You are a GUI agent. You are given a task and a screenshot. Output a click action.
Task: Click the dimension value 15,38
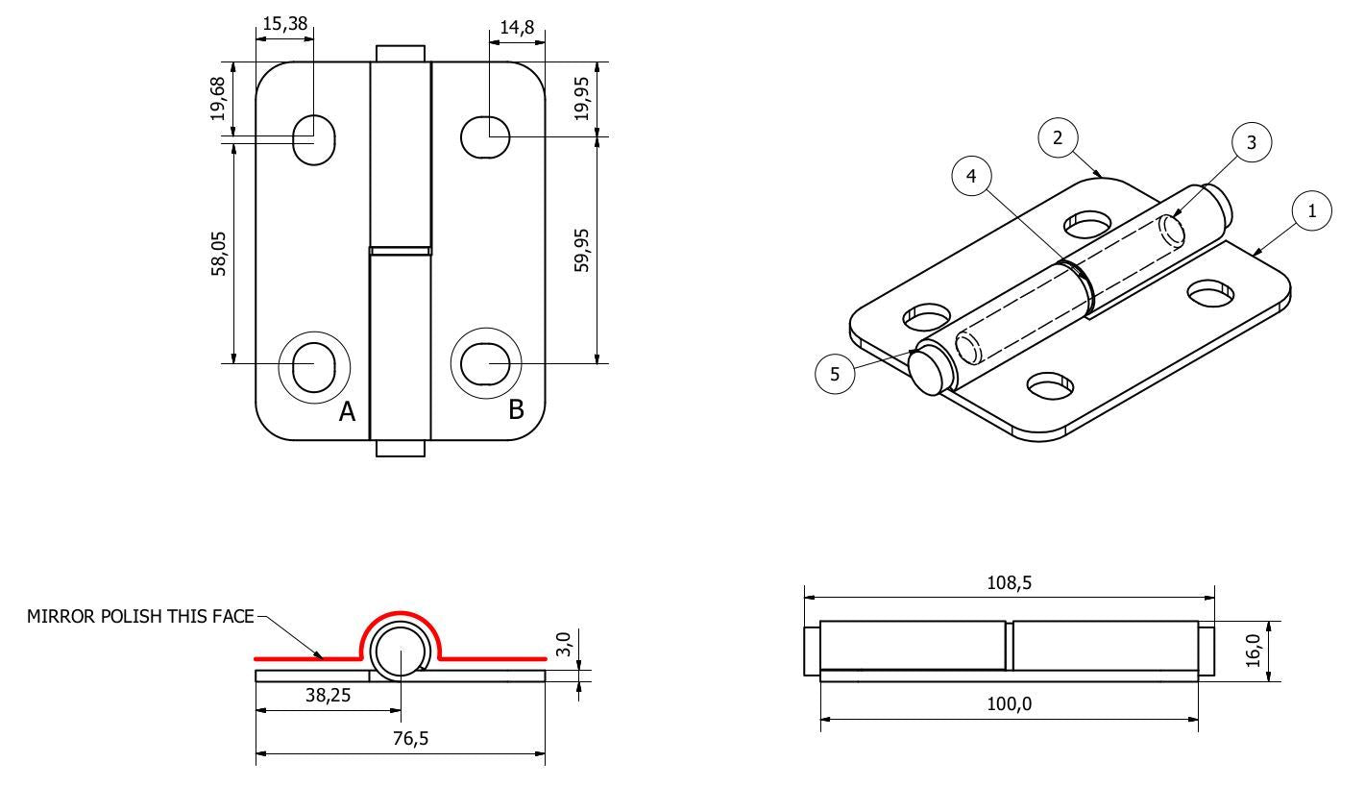(285, 24)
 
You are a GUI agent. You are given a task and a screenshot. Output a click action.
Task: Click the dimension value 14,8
(517, 28)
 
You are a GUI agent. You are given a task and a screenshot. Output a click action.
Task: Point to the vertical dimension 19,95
(583, 99)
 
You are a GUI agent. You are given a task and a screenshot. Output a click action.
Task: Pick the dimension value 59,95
(583, 250)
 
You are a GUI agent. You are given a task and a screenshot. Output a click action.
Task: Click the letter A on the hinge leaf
(347, 412)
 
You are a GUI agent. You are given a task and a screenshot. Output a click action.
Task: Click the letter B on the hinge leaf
(516, 409)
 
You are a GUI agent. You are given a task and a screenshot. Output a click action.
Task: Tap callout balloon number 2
(1058, 138)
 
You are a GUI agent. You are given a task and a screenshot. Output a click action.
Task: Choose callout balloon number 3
(1251, 142)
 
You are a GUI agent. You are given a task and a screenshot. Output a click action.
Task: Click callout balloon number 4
(971, 177)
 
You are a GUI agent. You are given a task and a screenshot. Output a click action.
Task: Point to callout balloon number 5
(834, 374)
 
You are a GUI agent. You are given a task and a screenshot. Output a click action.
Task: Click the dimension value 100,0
(1010, 703)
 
